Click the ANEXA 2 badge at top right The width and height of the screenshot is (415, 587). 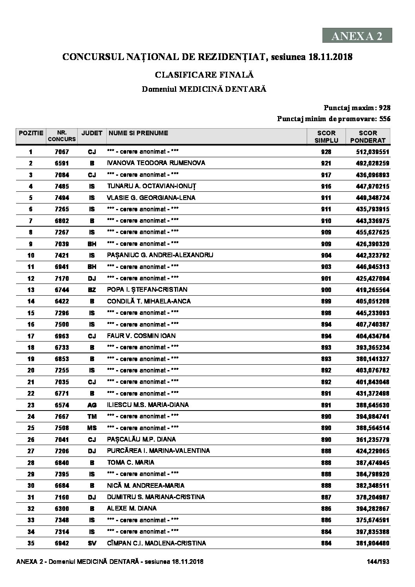(357, 36)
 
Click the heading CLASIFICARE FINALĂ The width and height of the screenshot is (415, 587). (204, 75)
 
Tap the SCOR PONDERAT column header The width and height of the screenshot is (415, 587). (368, 136)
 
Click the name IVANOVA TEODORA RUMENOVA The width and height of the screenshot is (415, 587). (156, 163)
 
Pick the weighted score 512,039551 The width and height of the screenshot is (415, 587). (370, 152)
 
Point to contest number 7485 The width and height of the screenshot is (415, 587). (62, 186)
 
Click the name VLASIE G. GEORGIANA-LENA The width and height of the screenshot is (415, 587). (151, 198)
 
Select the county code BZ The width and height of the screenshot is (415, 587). (92, 290)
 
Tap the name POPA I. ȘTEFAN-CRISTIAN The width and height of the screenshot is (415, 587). (147, 290)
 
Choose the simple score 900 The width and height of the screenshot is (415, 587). (326, 290)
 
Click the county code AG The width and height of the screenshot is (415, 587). (92, 405)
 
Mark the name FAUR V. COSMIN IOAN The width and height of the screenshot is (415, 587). (141, 336)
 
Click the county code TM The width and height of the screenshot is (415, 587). (92, 416)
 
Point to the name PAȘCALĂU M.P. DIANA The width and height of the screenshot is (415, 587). (141, 440)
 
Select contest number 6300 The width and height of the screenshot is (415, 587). (62, 509)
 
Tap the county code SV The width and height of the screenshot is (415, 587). (92, 543)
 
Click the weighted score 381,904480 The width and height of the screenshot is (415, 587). (370, 543)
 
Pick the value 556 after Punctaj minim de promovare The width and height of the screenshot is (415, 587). (385, 119)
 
